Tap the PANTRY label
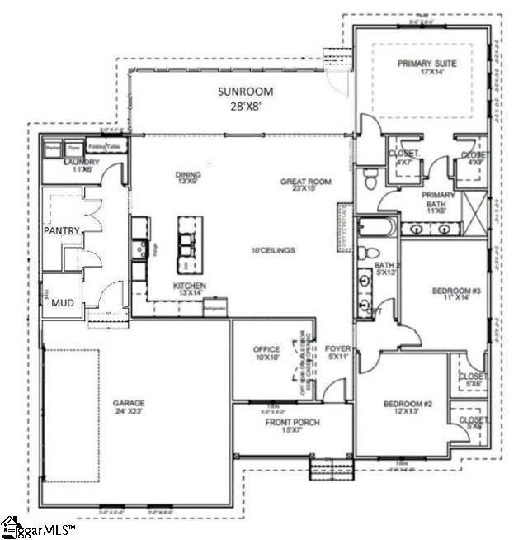point(61,231)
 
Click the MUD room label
point(62,302)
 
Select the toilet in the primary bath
point(370,177)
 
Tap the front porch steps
point(325,471)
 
